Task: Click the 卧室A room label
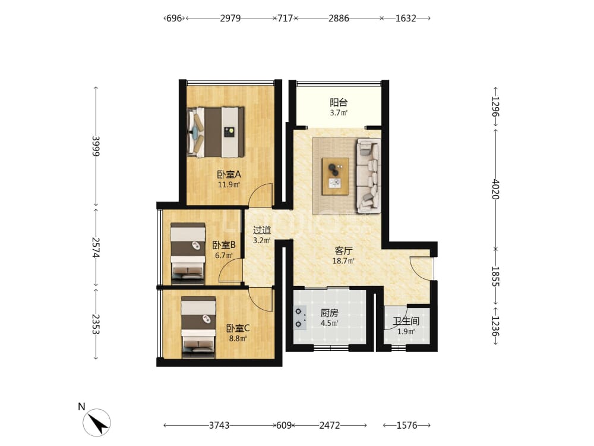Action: pos(229,174)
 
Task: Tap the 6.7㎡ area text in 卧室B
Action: pos(223,256)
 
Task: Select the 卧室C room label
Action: pos(238,328)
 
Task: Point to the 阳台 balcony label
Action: pos(339,102)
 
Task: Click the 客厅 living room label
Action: pos(343,251)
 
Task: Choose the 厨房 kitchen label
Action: pos(329,313)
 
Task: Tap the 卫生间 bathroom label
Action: pos(406,321)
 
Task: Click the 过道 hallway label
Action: pos(262,230)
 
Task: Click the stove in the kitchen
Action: pos(300,318)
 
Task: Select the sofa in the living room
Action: pos(368,175)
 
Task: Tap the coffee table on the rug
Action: pos(335,177)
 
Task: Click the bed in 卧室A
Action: pos(216,131)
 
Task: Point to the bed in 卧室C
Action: pos(198,327)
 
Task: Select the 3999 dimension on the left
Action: pos(96,146)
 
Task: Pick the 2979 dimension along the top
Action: pos(230,18)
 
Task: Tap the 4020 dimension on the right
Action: pos(495,189)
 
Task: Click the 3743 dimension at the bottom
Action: pos(219,426)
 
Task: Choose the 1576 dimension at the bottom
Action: pos(406,426)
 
